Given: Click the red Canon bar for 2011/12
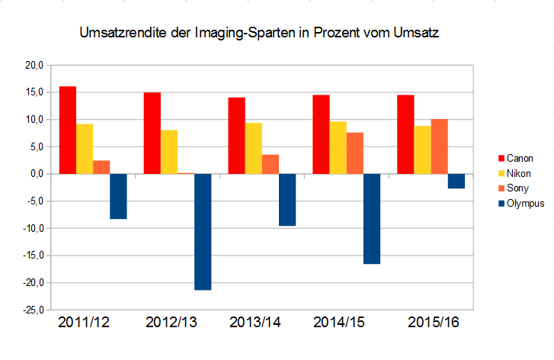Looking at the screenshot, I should [x=68, y=130].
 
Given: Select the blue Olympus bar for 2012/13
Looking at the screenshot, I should [x=203, y=232].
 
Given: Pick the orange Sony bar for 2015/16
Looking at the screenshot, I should [x=440, y=146].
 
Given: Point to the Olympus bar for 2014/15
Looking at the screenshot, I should [x=372, y=219].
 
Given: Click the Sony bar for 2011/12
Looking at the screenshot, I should [x=101, y=167].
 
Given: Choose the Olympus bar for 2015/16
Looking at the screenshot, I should [x=456, y=182].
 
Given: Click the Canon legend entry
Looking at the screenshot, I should [x=518, y=158].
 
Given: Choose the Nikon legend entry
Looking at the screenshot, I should [x=517, y=173].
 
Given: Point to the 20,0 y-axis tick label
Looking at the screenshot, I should [x=34, y=66].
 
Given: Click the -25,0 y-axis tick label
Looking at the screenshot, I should [x=32, y=310].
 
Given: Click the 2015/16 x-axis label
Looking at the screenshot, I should [x=434, y=323].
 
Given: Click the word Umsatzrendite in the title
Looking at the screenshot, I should [x=122, y=34].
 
